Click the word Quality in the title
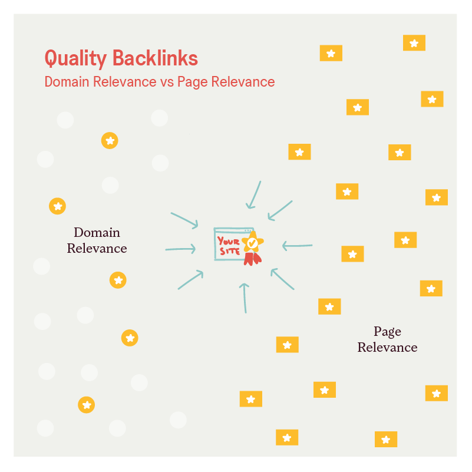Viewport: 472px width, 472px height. click(75, 58)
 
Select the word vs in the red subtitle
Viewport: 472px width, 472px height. click(166, 82)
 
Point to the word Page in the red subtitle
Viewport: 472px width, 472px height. click(190, 82)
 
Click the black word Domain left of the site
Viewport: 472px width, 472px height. click(97, 232)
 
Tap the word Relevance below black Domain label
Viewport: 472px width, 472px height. click(97, 248)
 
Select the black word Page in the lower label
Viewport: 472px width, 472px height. click(387, 331)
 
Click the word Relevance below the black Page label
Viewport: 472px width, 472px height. click(387, 347)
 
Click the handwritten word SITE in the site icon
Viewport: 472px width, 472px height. click(229, 252)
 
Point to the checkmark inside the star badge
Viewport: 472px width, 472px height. click(252, 242)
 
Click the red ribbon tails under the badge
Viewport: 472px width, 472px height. click(253, 258)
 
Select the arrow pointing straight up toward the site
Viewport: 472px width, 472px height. click(245, 297)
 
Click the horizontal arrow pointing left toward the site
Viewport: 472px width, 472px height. click(297, 245)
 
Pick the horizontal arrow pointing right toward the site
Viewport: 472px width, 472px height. click(180, 249)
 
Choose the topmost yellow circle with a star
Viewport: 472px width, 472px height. click(110, 140)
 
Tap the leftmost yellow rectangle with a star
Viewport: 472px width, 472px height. click(250, 399)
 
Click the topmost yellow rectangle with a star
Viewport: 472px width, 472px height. click(414, 43)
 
